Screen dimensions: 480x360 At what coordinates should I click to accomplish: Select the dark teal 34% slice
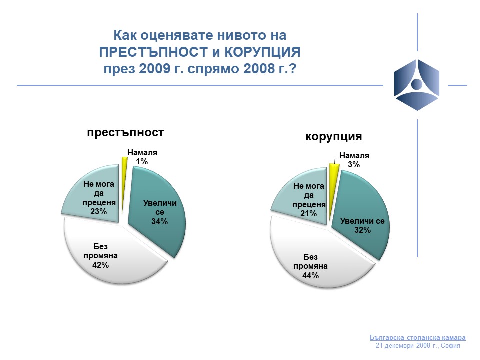point(159,214)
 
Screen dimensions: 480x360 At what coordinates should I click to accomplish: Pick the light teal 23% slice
point(95,196)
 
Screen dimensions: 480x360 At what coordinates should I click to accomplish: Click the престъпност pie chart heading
point(125,133)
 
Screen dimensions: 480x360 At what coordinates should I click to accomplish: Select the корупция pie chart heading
point(333,136)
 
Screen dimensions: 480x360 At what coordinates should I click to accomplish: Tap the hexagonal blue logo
point(417,85)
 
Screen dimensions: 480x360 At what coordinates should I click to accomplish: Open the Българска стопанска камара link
point(418,337)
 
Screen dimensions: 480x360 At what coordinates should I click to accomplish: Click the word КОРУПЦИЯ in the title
point(262,52)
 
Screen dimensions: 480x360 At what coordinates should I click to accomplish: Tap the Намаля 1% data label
point(142,157)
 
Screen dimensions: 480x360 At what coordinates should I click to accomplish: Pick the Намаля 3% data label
point(354,160)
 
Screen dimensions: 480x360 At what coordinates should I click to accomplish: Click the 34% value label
point(160,221)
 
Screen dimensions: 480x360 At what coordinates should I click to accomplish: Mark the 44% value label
point(310,276)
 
